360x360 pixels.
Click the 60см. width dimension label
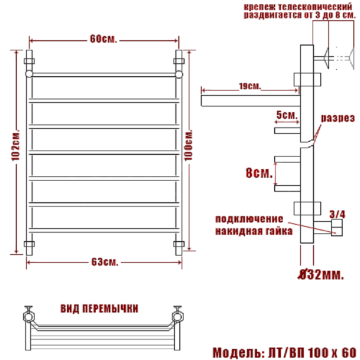pos(103,39)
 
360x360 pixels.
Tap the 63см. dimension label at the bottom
pos(103,262)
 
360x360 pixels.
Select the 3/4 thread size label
pos(338,213)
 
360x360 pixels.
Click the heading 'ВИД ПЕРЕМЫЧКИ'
pos(100,308)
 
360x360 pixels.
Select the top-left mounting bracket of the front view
pos(29,61)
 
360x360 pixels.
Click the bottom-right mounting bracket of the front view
pos(178,244)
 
